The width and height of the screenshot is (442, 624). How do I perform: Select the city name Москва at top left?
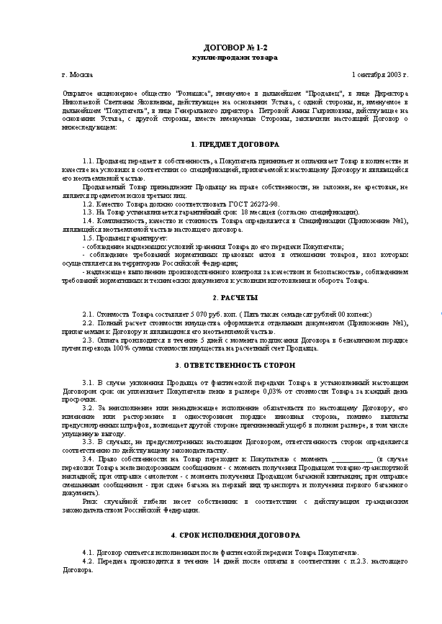point(78,75)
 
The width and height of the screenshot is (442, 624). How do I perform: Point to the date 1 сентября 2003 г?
point(380,75)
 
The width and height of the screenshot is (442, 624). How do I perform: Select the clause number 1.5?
point(88,238)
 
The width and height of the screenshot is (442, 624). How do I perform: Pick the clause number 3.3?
point(88,443)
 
